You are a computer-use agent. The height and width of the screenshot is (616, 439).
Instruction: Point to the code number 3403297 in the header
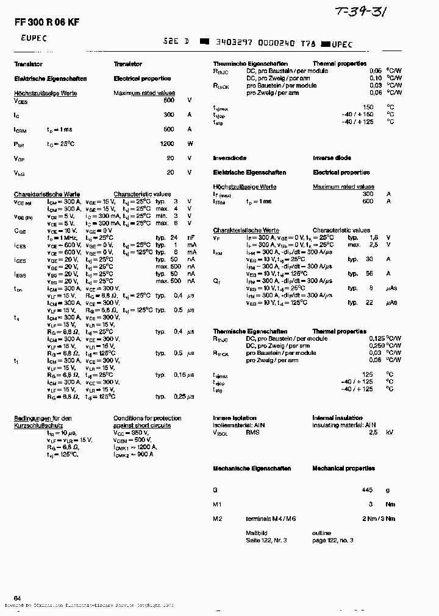point(230,43)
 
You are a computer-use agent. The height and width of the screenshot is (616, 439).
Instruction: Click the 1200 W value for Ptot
point(166,144)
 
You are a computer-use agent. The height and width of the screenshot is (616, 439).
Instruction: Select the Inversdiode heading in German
point(230,158)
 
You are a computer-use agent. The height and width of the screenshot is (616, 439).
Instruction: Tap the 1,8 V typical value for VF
point(374,237)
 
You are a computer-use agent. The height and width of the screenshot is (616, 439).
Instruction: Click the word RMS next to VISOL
point(252,432)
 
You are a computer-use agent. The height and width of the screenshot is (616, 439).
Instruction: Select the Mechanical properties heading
point(343,469)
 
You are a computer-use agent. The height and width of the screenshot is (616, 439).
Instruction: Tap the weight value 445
point(366,489)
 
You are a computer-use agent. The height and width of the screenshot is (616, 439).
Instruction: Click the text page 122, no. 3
point(332,540)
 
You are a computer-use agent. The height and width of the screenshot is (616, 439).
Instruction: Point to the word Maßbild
point(256,533)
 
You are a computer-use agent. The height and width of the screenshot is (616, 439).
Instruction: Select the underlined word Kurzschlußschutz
point(35,425)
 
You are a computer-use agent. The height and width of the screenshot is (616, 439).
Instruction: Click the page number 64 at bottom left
point(17,599)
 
